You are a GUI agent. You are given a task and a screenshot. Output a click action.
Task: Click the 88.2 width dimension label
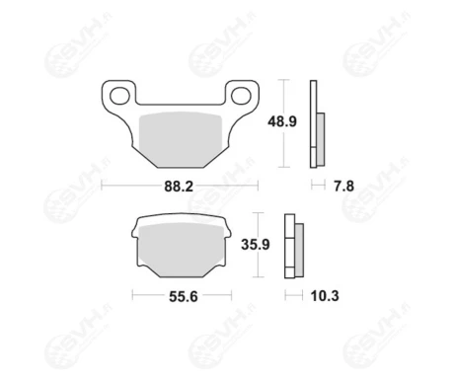click(179, 187)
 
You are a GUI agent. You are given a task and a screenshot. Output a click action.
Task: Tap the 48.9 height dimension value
click(282, 121)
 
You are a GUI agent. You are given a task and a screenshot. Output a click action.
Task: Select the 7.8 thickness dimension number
click(343, 187)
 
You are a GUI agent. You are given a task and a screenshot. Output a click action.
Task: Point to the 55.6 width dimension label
click(184, 296)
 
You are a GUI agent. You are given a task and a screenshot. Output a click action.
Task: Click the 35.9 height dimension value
click(256, 245)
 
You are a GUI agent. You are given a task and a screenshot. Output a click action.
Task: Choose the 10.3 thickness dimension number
click(325, 296)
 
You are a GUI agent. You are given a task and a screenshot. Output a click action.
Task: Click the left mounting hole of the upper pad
click(119, 96)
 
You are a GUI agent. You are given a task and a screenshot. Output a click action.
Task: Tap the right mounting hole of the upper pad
click(241, 96)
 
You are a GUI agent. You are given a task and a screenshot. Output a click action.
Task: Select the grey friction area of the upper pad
click(181, 138)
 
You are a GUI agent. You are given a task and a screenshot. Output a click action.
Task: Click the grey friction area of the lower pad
click(182, 250)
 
